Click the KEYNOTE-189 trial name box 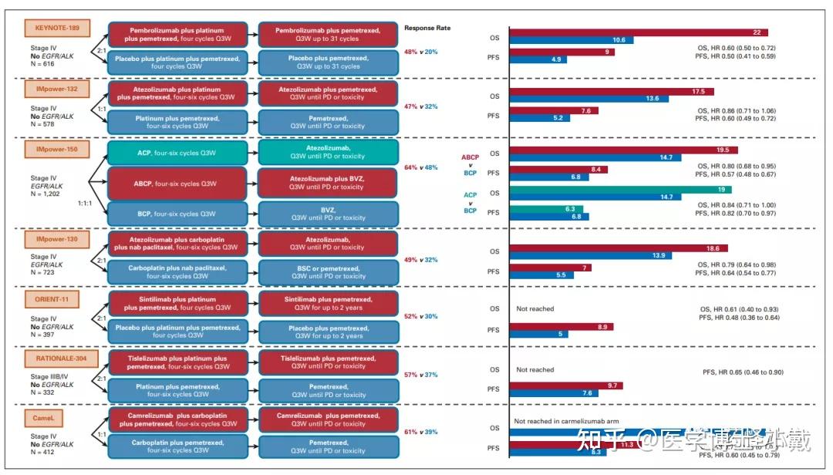click(56, 29)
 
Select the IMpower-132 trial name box click(56, 89)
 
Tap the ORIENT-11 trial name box click(56, 298)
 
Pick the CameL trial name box click(46, 416)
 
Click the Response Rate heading click(427, 28)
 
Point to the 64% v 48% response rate click(421, 167)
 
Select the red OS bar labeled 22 click(639, 32)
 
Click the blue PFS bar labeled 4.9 click(538, 59)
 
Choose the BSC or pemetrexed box click(329, 271)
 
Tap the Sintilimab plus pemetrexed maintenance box click(329, 303)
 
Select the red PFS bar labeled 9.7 click(566, 385)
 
